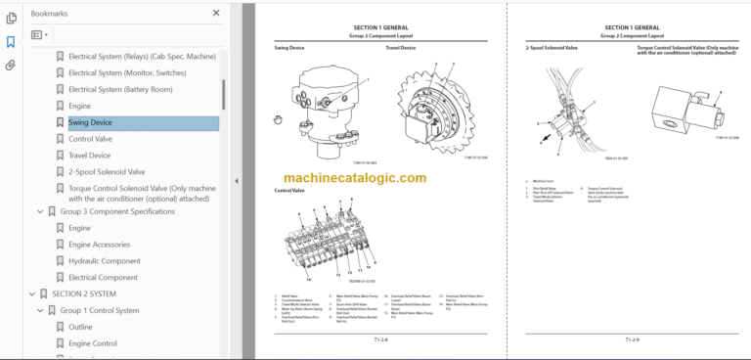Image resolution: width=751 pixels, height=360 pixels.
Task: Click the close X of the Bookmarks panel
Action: pos(216,14)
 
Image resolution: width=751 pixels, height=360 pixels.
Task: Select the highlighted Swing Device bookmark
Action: pos(90,122)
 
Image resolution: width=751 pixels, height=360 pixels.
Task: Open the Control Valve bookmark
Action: pos(91,139)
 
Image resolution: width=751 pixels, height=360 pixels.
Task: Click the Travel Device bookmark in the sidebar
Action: pos(89,155)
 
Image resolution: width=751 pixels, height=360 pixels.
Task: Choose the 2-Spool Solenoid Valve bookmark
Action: pos(106,171)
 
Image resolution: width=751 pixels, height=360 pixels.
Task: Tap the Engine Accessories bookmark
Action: pos(99,244)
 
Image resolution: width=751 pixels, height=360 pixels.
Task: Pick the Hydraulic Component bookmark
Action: pos(104,260)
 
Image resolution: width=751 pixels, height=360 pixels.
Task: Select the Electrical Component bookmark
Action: pos(103,277)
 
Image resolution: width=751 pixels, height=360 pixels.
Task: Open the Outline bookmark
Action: pos(80,327)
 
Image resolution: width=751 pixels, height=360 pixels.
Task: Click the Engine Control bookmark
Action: pos(93,343)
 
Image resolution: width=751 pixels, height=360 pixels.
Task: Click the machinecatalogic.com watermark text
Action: pos(355,178)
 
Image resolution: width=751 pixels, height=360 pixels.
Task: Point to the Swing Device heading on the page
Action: pos(289,47)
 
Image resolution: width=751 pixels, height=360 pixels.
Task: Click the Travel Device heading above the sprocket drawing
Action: pos(400,47)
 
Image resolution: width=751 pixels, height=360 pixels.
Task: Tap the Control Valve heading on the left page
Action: pos(290,191)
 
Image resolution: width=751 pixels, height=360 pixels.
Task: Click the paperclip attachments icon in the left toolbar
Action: pos(11,66)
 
